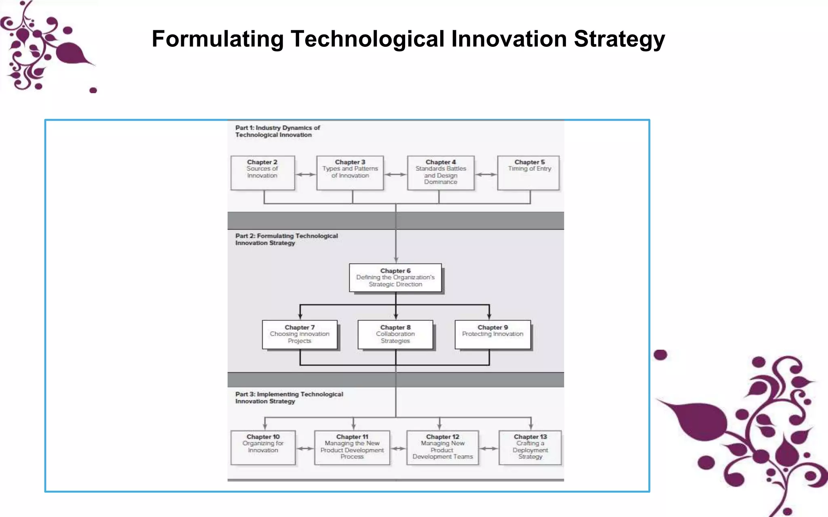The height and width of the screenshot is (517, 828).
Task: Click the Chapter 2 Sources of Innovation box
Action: pos(262,173)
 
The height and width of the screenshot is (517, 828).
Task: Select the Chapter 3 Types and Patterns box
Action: pos(350,173)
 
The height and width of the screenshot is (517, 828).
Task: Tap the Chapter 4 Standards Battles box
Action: pos(441,173)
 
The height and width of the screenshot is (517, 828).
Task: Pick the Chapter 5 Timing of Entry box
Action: pos(528,173)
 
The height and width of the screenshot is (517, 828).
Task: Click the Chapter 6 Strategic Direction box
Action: pos(395,278)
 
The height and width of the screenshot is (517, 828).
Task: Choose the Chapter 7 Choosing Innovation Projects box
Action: pos(300,334)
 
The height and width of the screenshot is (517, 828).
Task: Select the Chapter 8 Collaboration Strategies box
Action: pos(395,334)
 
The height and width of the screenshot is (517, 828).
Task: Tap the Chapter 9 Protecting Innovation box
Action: pos(492,334)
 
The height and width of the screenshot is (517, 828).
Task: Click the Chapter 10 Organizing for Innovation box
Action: pos(263,447)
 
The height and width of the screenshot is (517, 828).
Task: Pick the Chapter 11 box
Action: pos(352,447)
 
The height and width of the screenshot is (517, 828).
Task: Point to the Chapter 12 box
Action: pos(443,447)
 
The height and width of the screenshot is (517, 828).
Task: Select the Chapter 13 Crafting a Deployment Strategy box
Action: pos(530,447)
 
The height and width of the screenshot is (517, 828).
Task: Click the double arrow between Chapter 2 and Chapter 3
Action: pos(306,174)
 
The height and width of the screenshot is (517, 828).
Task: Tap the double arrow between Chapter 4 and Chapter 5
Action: pos(486,174)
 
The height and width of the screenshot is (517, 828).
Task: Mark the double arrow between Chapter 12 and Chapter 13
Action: pos(489,448)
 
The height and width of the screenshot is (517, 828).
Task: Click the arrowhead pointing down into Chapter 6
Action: pos(396,260)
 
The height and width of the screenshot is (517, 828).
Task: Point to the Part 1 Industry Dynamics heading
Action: pos(277,131)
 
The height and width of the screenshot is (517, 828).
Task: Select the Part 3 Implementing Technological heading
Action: pos(289,397)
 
